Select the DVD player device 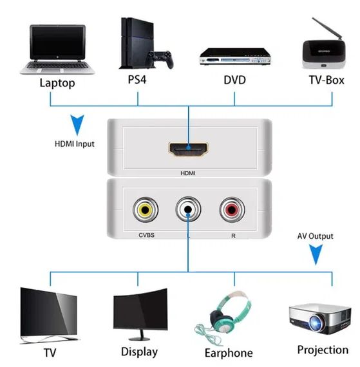point(233,56)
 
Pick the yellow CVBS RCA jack point(143,209)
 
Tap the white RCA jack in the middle point(187,209)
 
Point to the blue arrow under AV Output point(316,255)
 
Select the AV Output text point(315,236)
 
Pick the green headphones point(227,310)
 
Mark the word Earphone point(228,353)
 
